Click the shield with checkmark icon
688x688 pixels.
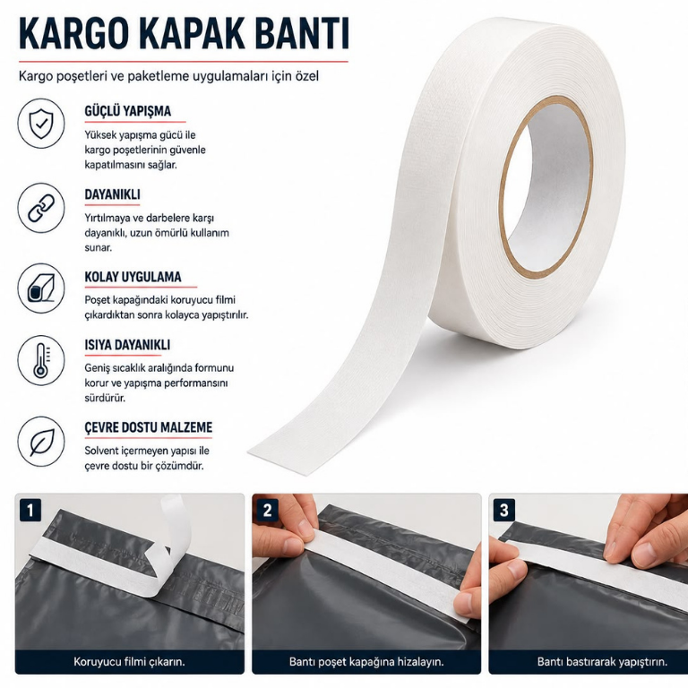click(x=41, y=124)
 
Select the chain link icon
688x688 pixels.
click(x=41, y=208)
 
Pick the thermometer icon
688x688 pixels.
click(x=41, y=361)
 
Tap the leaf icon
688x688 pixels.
click(x=41, y=441)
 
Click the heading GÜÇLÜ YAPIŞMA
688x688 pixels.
click(x=128, y=111)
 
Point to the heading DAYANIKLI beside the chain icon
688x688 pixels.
click(x=112, y=194)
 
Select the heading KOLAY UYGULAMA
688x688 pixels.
click(x=133, y=277)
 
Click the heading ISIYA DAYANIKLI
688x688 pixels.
click(x=127, y=345)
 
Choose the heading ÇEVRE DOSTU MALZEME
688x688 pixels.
click(x=149, y=427)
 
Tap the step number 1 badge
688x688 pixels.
click(x=30, y=511)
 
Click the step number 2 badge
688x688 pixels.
click(x=267, y=511)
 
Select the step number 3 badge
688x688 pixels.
click(x=504, y=511)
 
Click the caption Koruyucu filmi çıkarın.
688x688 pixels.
click(x=129, y=662)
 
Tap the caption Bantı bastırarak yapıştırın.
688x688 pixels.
click(x=602, y=662)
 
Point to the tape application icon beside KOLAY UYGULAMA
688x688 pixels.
click(x=41, y=288)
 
